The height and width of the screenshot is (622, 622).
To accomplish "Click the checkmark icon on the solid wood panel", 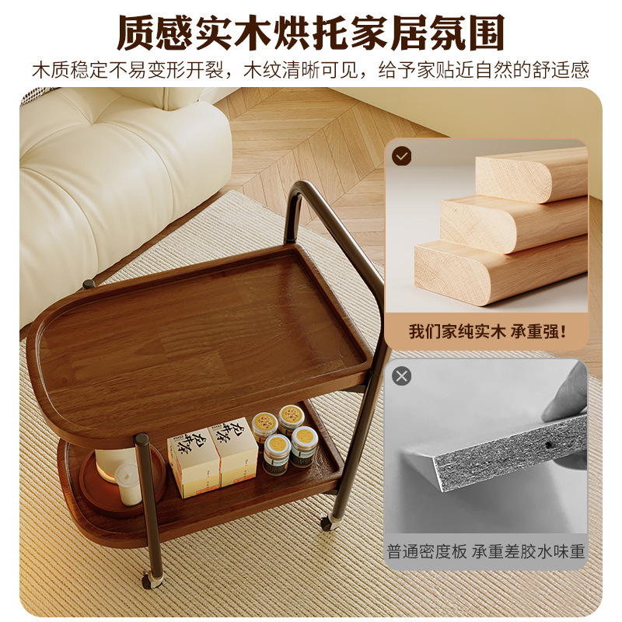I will click(402, 156).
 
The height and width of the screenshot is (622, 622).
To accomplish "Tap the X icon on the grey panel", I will click(402, 377).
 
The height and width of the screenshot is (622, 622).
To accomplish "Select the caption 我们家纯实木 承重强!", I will click(487, 331).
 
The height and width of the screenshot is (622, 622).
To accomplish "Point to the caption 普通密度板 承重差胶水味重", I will click(487, 552).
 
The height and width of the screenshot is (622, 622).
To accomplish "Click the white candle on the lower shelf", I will click(128, 484).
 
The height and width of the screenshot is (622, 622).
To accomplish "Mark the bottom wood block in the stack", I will click(498, 269).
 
